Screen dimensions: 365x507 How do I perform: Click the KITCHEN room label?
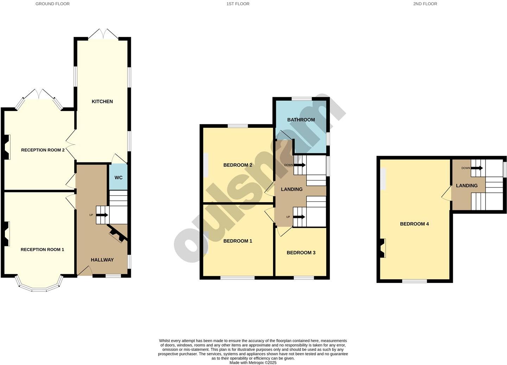(x=102, y=101)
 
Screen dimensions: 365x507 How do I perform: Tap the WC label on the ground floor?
(x=119, y=178)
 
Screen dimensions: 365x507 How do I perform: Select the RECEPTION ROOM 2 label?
(x=43, y=150)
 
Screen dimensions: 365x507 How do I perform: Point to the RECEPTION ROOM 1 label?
(x=42, y=250)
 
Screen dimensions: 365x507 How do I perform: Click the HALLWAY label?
(x=102, y=260)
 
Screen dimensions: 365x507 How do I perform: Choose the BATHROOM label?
(x=301, y=120)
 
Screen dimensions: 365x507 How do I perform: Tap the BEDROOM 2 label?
(x=237, y=165)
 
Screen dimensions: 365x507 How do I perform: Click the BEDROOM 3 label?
(x=301, y=253)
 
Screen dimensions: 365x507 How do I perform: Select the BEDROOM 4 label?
(x=414, y=224)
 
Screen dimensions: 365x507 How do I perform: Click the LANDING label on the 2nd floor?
(x=467, y=186)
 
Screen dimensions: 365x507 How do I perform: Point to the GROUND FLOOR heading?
(x=52, y=4)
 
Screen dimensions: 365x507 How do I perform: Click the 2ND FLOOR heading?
(x=425, y=4)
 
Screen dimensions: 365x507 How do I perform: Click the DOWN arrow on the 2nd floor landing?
(x=477, y=168)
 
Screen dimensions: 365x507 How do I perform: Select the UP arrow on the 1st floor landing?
(x=299, y=217)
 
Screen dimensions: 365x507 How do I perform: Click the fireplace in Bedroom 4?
(x=382, y=248)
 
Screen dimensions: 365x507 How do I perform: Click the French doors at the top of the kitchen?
(x=103, y=33)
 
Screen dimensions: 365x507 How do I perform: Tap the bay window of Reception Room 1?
(x=39, y=286)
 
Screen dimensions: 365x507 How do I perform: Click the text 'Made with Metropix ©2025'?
(x=253, y=363)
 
